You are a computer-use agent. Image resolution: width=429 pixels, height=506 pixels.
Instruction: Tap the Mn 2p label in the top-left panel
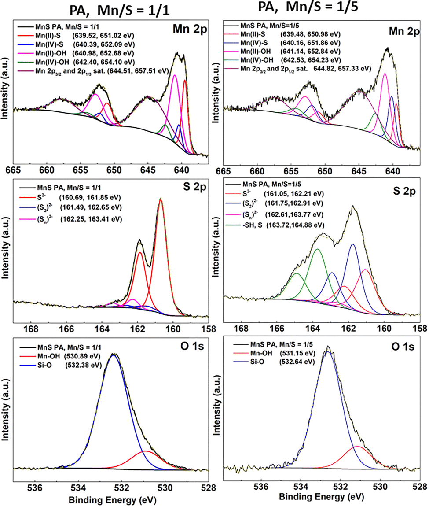[x=189, y=29]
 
